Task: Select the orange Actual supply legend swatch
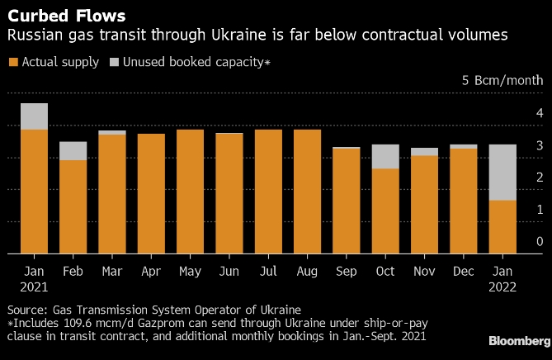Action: coord(12,62)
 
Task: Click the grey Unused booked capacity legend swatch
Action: coord(114,62)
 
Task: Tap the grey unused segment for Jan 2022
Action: coord(503,173)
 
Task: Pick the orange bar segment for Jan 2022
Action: coord(503,227)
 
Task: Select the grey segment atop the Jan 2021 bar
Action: coord(34,116)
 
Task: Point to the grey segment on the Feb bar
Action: coord(73,150)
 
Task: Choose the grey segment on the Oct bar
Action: coord(386,156)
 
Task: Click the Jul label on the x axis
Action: coord(268,271)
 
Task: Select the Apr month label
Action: coord(151,271)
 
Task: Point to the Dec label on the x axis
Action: coord(464,271)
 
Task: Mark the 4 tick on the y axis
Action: coord(539,113)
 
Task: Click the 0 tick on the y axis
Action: coord(539,242)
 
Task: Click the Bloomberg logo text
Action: coord(519,341)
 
